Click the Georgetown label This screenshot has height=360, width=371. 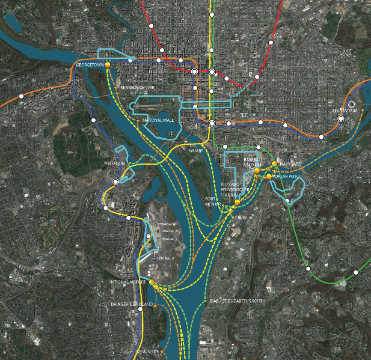(x=91, y=64)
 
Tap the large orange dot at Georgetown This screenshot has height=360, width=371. (x=108, y=64)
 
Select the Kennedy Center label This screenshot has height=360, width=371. (x=138, y=87)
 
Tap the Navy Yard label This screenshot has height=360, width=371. (x=289, y=163)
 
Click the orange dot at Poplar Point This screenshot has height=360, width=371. (x=269, y=177)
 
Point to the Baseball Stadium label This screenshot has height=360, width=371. (x=252, y=161)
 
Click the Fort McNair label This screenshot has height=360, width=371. (x=214, y=203)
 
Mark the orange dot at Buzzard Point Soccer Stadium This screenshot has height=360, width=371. (x=238, y=203)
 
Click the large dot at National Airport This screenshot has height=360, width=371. (x=152, y=282)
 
